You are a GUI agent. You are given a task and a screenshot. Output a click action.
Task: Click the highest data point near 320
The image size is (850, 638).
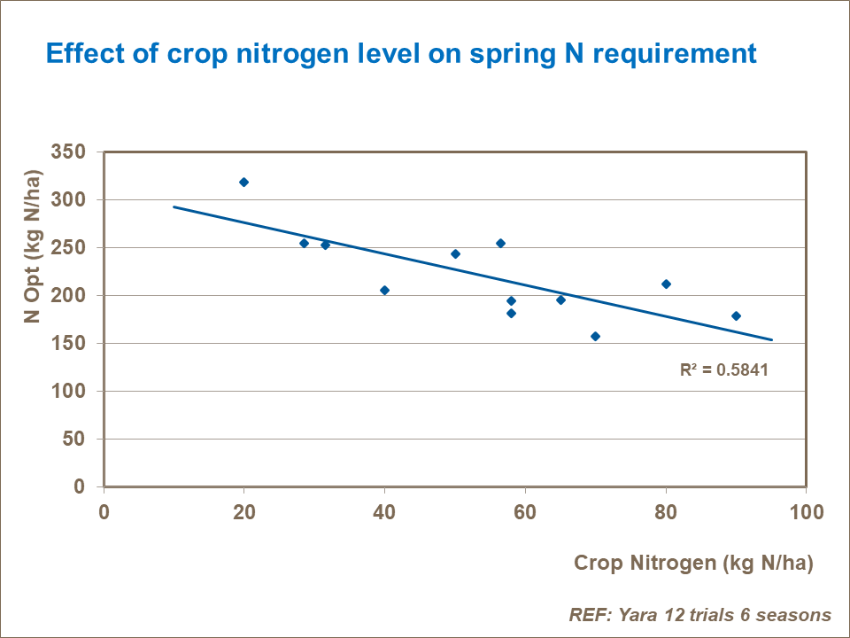[243, 182]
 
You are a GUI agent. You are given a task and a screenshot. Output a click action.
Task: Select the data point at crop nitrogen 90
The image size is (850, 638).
[736, 315]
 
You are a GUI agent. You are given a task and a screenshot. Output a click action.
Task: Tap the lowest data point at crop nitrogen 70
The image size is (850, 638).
[595, 336]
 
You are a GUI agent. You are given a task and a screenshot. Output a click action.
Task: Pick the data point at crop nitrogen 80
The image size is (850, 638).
[666, 284]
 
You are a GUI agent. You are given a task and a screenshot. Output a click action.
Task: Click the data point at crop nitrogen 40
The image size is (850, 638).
[384, 290]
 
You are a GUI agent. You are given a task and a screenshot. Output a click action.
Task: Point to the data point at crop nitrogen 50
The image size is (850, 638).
[455, 253]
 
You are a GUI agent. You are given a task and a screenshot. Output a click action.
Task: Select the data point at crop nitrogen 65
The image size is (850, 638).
[560, 300]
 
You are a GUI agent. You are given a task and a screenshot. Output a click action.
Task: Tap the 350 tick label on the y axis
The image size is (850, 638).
[69, 152]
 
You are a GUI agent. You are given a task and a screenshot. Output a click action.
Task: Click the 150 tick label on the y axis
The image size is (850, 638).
[69, 344]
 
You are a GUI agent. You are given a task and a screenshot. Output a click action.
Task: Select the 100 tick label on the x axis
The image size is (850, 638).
[806, 512]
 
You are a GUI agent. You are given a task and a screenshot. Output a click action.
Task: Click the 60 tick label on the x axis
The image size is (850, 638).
[525, 512]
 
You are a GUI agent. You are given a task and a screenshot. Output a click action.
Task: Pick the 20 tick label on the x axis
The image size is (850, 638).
[244, 512]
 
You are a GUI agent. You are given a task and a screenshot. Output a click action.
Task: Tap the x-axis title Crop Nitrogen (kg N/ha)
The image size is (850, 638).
[693, 563]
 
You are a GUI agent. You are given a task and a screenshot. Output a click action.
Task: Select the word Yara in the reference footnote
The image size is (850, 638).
[633, 615]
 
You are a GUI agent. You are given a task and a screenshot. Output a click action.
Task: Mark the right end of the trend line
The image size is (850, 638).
[772, 339]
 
